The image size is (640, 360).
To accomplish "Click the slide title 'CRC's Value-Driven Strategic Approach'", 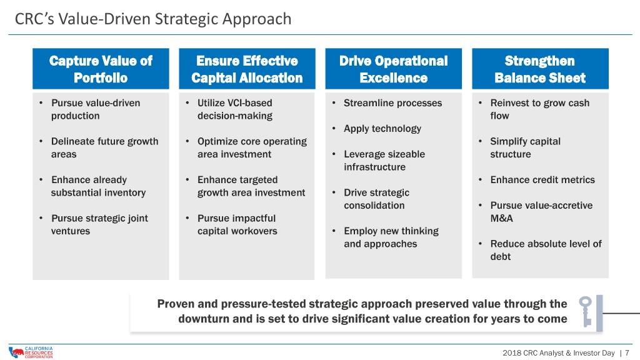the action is click(153, 19).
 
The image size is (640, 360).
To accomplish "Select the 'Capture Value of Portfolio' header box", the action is click(101, 69).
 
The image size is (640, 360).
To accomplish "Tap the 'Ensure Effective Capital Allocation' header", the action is click(247, 69).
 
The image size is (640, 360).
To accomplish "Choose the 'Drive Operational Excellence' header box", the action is click(394, 69).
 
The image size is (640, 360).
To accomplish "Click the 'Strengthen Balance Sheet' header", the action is click(540, 69).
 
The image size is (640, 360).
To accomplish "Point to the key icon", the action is click(585, 311).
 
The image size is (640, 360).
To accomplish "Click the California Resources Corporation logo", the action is click(31, 352).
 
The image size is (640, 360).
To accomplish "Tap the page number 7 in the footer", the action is click(627, 353).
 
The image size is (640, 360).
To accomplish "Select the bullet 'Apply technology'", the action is click(382, 129).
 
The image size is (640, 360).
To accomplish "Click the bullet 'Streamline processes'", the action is click(392, 103).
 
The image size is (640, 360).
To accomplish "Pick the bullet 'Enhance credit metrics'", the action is click(542, 179).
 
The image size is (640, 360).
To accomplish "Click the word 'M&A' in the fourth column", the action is click(502, 218).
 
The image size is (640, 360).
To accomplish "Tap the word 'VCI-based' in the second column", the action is click(248, 103).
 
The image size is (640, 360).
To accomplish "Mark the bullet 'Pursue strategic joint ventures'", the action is click(99, 224).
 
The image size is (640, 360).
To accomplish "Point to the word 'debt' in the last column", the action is click(501, 257).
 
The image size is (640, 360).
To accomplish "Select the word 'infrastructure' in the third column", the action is click(375, 167).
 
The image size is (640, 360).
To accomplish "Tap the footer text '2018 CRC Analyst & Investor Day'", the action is click(558, 353).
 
